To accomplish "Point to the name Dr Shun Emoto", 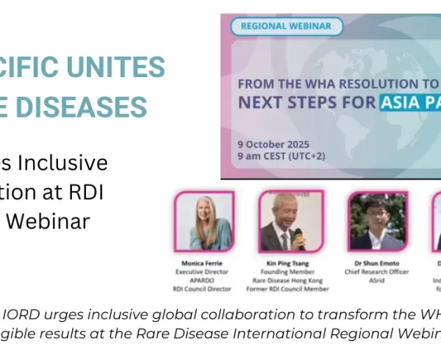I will [x=376, y=262].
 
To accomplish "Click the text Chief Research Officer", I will [x=376, y=271].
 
